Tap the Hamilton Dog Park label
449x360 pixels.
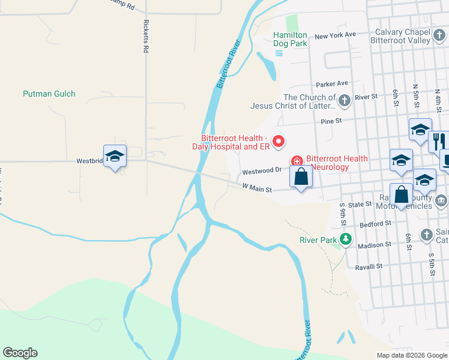click(x=290, y=39)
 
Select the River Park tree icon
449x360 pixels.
click(x=345, y=240)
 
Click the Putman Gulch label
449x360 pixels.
click(x=49, y=94)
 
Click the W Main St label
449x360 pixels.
click(x=257, y=188)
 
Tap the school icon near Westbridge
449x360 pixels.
click(x=115, y=157)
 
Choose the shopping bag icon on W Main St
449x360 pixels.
click(x=301, y=176)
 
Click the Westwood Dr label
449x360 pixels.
click(x=262, y=172)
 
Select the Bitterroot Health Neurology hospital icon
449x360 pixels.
click(x=297, y=161)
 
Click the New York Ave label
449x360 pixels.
click(x=335, y=35)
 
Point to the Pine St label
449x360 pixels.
click(x=331, y=121)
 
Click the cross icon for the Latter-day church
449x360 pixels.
click(x=345, y=100)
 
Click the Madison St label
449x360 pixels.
click(x=374, y=245)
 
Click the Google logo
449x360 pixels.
click(x=20, y=353)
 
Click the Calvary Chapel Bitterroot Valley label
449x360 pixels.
click(x=403, y=37)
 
